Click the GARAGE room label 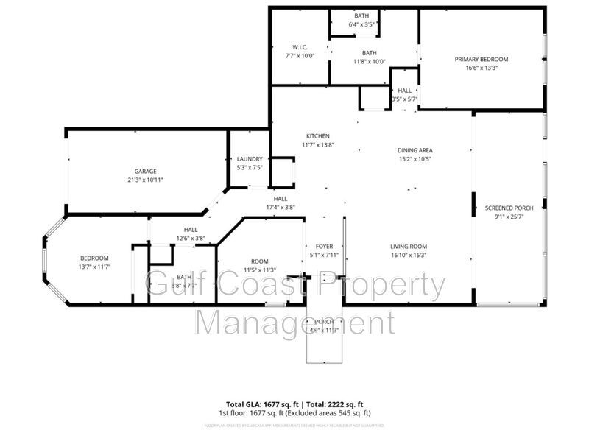tap(145, 172)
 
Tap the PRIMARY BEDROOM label tap(481, 59)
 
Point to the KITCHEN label tap(318, 136)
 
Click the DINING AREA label tap(415, 150)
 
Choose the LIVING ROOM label tap(409, 247)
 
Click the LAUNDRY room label tap(250, 159)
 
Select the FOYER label tap(325, 247)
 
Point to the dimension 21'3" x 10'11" tap(145, 180)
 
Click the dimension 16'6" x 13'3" tap(481, 68)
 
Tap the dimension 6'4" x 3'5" tap(361, 24)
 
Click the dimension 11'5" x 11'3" tap(259, 270)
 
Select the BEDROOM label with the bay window tap(94, 258)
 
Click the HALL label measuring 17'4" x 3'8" tap(281, 199)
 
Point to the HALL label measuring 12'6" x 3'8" tap(191, 230)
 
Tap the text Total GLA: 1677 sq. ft tap(252, 405)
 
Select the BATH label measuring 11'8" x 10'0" tap(369, 53)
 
